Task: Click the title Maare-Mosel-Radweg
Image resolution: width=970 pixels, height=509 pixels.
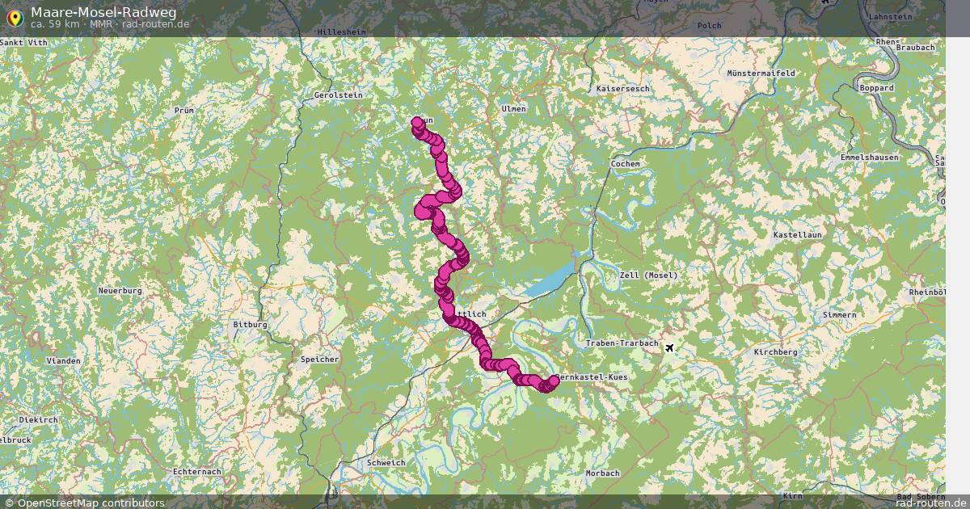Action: click(x=103, y=11)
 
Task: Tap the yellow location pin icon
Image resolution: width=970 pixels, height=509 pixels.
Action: click(x=14, y=17)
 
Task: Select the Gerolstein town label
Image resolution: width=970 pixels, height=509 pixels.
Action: click(x=338, y=95)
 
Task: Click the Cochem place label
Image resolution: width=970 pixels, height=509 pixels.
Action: click(x=626, y=163)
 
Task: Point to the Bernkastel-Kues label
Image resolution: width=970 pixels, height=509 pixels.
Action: click(x=593, y=377)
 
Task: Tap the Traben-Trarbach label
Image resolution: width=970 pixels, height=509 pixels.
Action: click(x=622, y=343)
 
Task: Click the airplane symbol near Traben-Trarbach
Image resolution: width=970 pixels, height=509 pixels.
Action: click(x=669, y=347)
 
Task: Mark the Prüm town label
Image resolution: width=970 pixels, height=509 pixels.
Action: click(x=184, y=110)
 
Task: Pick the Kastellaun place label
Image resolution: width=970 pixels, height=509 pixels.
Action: click(x=797, y=234)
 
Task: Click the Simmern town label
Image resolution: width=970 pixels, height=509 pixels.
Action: click(x=838, y=314)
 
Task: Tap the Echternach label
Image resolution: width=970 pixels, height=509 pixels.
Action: click(x=197, y=471)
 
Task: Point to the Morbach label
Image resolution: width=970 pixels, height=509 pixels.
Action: click(x=602, y=473)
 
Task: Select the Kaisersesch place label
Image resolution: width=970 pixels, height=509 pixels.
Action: click(x=622, y=87)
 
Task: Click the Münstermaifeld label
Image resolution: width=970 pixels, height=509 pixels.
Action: click(x=761, y=73)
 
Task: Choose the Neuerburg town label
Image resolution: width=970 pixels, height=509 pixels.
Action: click(x=120, y=290)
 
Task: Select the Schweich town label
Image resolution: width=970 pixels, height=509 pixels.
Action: click(x=386, y=463)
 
